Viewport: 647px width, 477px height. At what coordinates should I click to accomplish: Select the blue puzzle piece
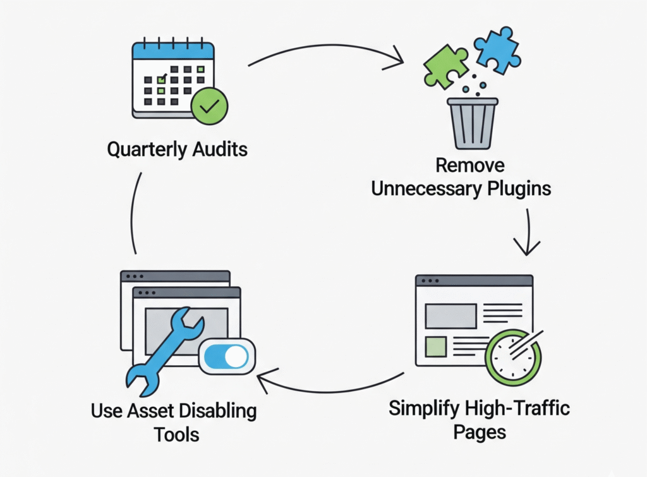497,49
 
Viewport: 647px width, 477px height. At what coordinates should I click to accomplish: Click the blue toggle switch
227,357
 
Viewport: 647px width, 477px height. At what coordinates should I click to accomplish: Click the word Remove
470,166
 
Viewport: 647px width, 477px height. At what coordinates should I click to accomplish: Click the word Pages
480,432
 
